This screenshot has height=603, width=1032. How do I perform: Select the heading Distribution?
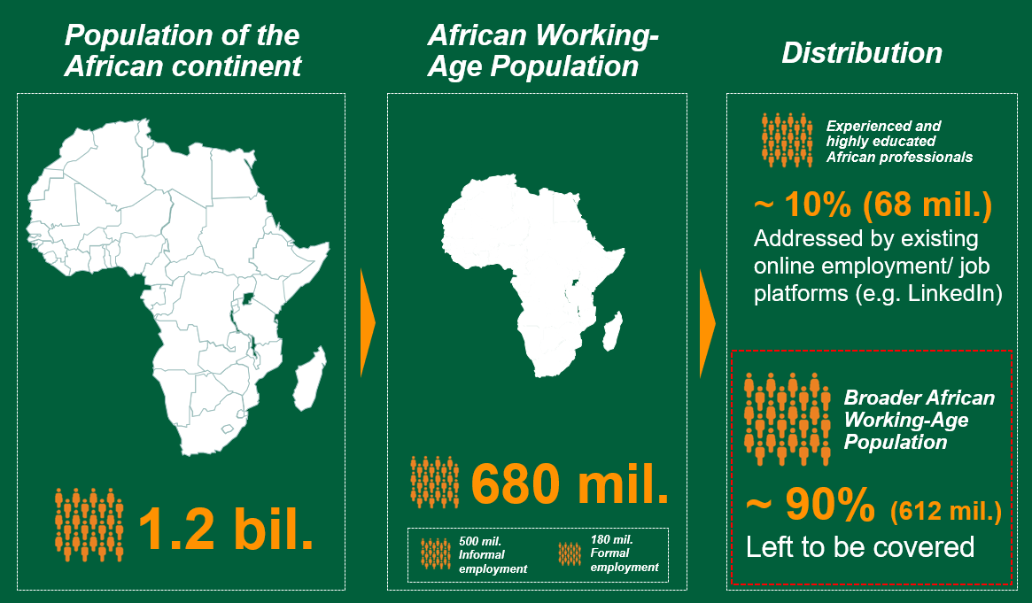coord(861,52)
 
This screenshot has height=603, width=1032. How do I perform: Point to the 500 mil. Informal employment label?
coord(493,554)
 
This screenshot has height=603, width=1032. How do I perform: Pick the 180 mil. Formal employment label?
coord(624,553)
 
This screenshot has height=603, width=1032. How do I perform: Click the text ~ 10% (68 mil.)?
coord(872,206)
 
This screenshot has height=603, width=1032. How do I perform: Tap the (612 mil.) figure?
coord(945,511)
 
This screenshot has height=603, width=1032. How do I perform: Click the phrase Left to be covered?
coord(859,546)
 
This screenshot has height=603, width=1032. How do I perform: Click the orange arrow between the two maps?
coord(368,323)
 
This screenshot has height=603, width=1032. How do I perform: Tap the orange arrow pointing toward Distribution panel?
coord(706,323)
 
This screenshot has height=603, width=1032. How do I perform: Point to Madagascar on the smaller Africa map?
coord(611,336)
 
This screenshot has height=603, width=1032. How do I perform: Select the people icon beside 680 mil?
coord(435,483)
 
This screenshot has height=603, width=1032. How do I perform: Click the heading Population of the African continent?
coord(182,50)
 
